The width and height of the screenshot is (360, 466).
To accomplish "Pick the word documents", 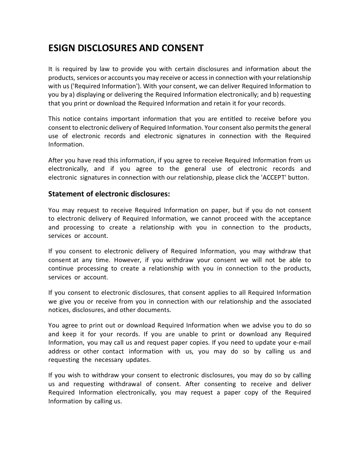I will (155, 310).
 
